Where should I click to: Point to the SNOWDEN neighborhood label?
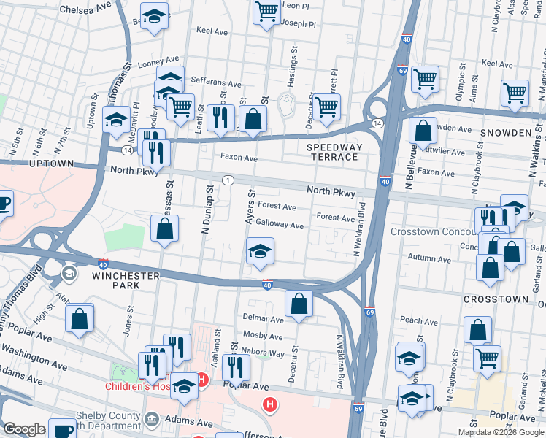pyautogui.click(x=503, y=133)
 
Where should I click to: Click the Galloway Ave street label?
pyautogui.click(x=280, y=226)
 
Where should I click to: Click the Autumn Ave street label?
pyautogui.click(x=430, y=258)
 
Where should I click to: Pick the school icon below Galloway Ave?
pyautogui.click(x=261, y=251)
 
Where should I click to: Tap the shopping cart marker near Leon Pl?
pyautogui.click(x=267, y=11)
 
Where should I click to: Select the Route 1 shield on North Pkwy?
pyautogui.click(x=228, y=180)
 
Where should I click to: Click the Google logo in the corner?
pyautogui.click(x=24, y=429)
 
